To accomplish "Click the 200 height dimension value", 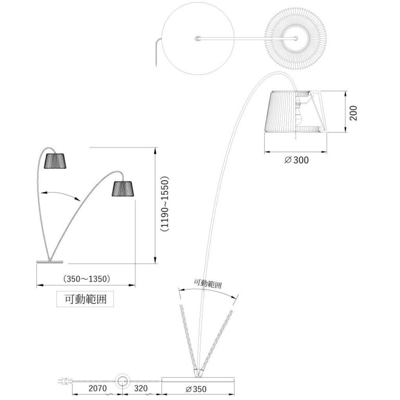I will click(x=354, y=112).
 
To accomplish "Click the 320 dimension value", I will click(x=141, y=389).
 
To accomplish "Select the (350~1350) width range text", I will click(x=86, y=279).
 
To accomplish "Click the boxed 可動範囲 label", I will click(x=85, y=299).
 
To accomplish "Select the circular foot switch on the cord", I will click(x=123, y=381).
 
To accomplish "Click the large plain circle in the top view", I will click(x=197, y=39).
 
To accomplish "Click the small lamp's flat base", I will click(x=49, y=261).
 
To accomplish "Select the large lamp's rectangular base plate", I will click(x=197, y=379).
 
